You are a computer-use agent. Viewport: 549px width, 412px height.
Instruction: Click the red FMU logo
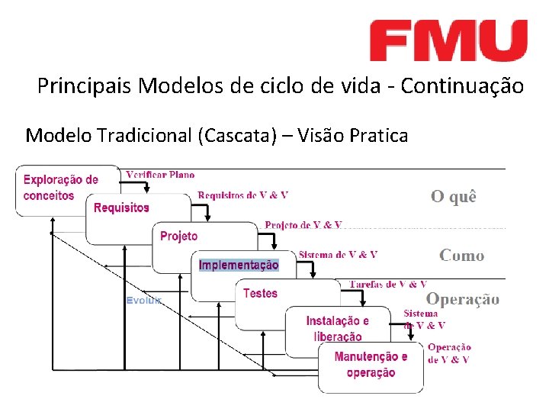pos(448,40)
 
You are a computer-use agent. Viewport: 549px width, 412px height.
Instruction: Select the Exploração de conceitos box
pos(61,188)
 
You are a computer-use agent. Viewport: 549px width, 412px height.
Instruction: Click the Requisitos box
pos(122,208)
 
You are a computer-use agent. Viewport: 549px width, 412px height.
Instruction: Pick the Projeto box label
pos(179,237)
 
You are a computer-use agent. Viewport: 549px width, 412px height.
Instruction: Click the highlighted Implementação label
pos(239,265)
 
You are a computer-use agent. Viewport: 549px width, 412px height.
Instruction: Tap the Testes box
pos(261,293)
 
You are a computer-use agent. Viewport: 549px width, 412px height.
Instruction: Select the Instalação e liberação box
pos(337,328)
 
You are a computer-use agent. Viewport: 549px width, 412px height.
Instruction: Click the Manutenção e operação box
pos(371,365)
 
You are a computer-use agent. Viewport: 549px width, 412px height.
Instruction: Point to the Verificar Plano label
pos(160,175)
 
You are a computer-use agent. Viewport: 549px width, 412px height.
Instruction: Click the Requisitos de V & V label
pos(242,195)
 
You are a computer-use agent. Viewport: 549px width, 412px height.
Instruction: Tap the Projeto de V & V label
pos(303,224)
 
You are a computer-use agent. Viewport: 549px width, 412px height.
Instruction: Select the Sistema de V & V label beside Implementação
pos(338,255)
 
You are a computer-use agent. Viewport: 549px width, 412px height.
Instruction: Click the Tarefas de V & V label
pos(387,285)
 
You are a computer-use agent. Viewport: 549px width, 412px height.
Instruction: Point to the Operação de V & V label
pos(449,353)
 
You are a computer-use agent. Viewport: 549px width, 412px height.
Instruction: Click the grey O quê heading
pos(454,197)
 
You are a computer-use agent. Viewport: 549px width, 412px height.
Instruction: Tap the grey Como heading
pos(461,256)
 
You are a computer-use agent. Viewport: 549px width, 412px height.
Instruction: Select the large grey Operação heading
pos(463,299)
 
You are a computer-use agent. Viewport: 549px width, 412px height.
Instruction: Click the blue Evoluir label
pos(143,301)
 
